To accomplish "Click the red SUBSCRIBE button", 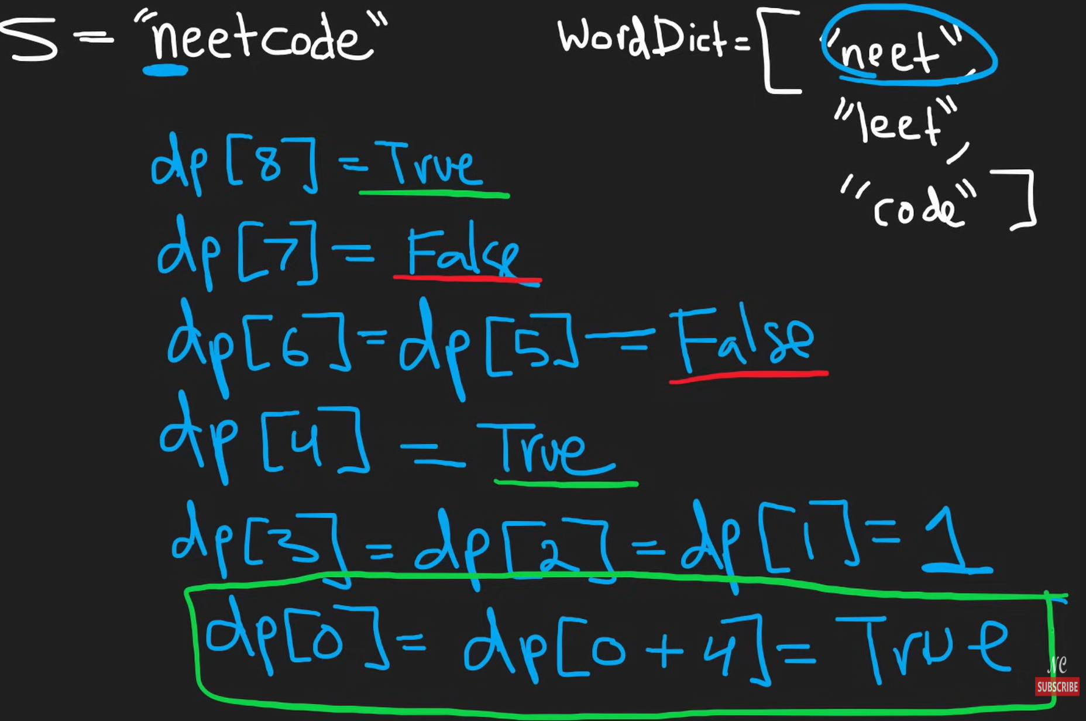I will pyautogui.click(x=1057, y=686).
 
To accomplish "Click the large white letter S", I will pyautogui.click(x=29, y=38).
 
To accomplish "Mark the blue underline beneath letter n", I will pyautogui.click(x=165, y=71).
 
